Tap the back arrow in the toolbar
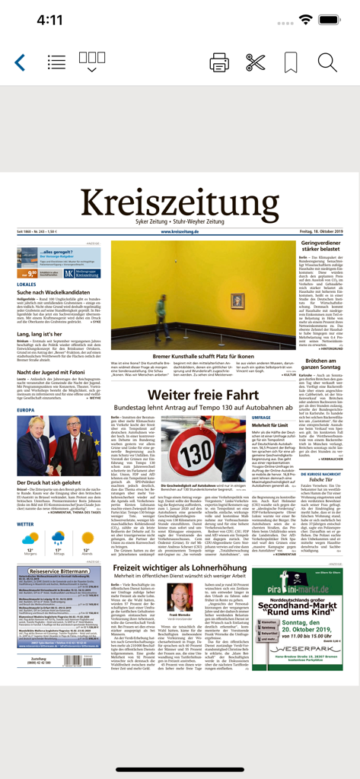(20, 63)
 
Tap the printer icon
(219, 63)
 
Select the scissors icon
(256, 63)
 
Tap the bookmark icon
(291, 63)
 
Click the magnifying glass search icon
(327, 63)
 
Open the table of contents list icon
(56, 63)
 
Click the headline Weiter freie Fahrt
(180, 395)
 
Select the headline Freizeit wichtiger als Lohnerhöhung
(180, 568)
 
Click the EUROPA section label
(25, 410)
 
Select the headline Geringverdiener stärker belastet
(320, 247)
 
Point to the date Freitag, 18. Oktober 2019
(318, 232)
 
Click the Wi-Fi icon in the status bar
(307, 21)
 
